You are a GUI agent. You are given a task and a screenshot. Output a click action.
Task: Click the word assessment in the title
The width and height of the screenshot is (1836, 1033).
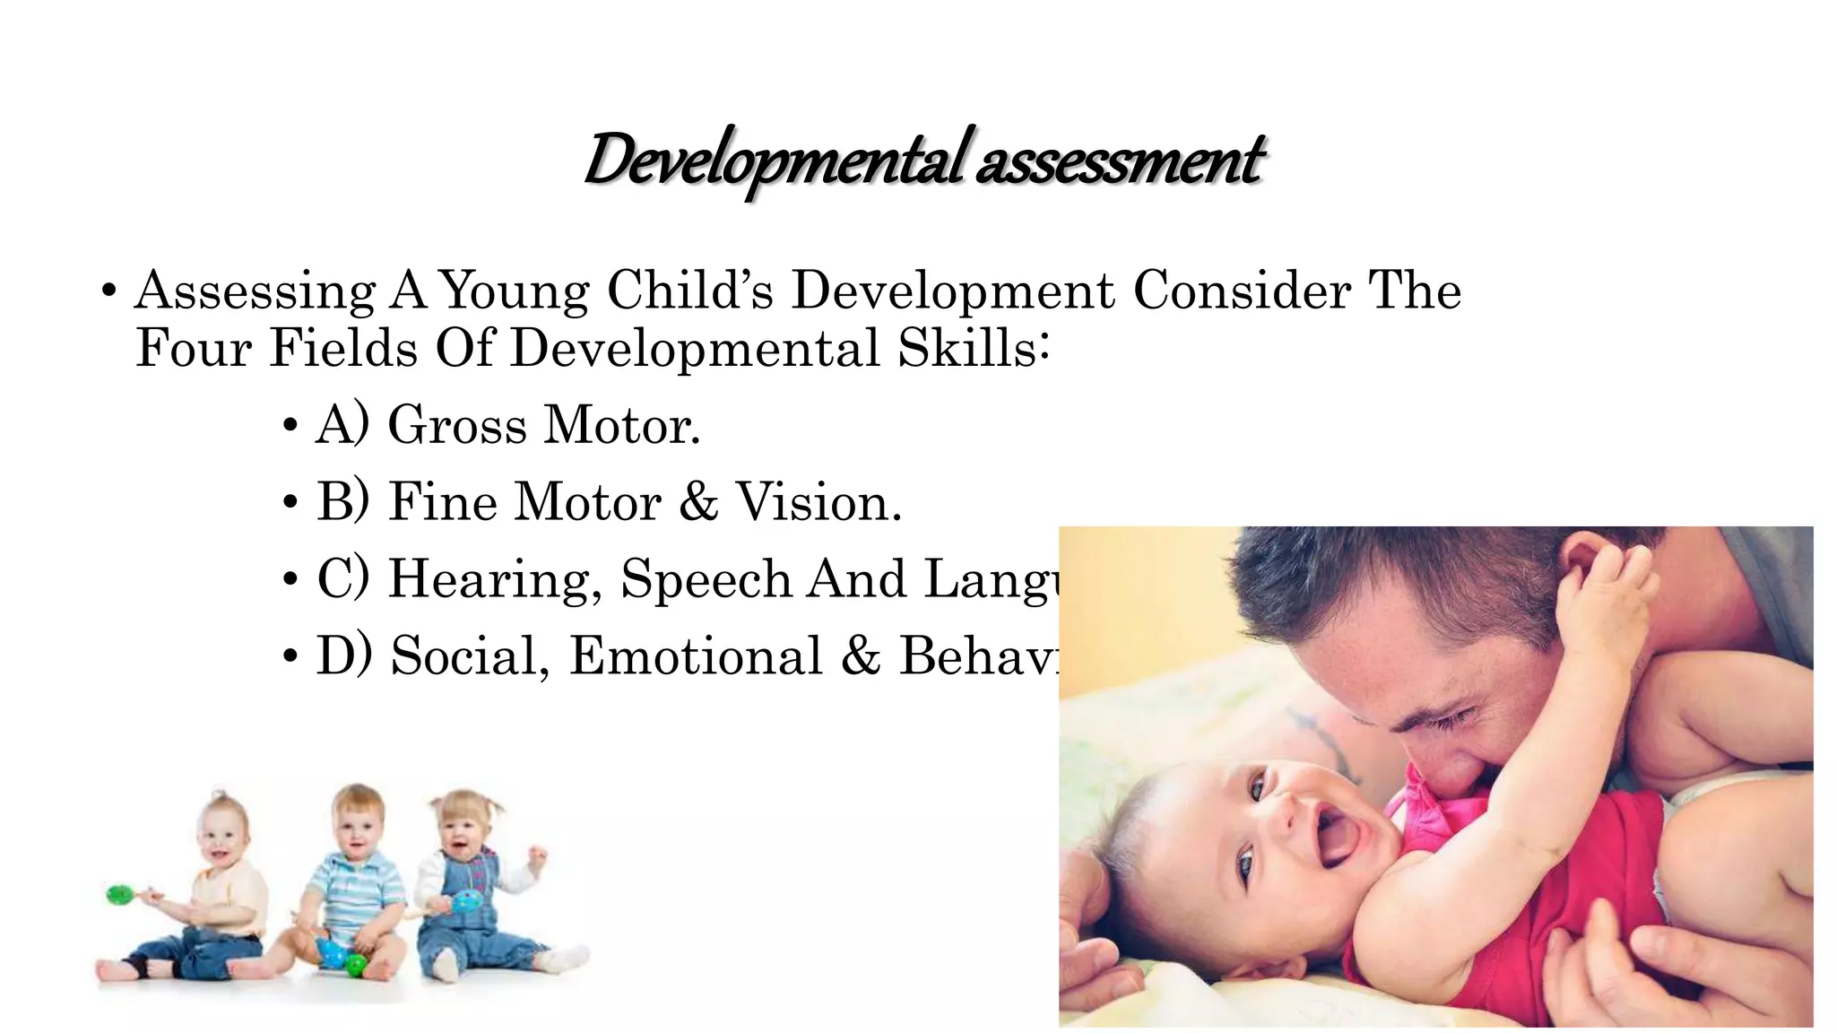click(1119, 161)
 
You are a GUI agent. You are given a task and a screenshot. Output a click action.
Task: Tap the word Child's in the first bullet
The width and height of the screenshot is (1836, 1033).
click(689, 291)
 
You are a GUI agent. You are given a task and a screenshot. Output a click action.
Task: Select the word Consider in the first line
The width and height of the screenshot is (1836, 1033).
click(1241, 291)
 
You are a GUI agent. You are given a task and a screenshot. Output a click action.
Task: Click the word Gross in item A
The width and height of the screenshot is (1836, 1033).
click(456, 425)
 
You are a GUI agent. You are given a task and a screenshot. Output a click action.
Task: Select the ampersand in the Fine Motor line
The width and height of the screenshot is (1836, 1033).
click(698, 502)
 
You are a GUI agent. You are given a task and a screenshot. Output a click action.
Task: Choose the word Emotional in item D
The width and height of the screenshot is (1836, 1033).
click(696, 656)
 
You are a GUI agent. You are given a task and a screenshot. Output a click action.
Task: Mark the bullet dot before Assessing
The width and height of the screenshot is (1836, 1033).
click(108, 292)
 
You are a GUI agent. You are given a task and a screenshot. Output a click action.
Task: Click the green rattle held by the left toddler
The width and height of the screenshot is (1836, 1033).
click(120, 894)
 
